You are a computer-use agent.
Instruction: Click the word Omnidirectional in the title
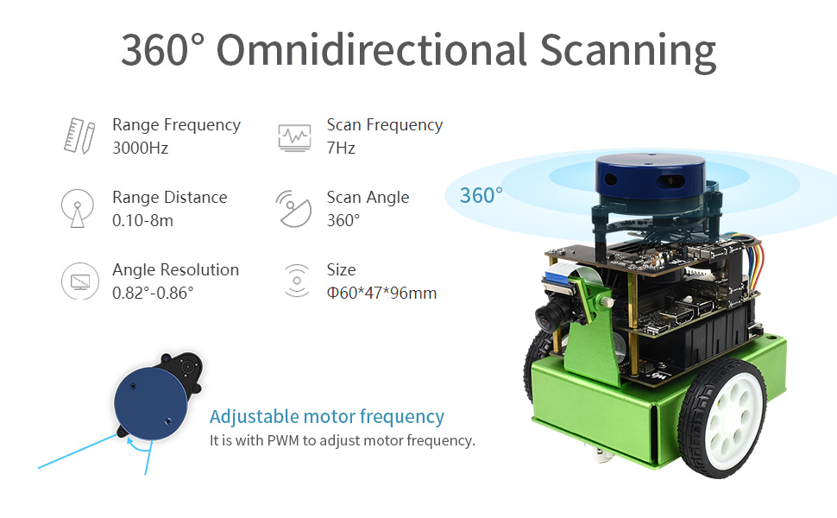pos(372,50)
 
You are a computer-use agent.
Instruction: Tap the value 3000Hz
pos(141,148)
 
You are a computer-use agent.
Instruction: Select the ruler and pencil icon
pos(79,136)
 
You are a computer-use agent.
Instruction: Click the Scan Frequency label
pos(385,125)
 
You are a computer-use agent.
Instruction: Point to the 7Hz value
pos(341,148)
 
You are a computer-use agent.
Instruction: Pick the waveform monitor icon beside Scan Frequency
pos(294,138)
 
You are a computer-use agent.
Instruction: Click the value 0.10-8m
pos(142,220)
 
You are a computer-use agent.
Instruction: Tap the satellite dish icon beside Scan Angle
pos(293,209)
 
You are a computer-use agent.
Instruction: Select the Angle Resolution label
pos(176,270)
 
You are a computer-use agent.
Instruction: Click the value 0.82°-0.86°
pos(154,294)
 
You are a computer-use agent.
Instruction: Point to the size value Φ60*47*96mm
pos(381,294)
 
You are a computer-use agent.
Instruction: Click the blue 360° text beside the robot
pos(481,195)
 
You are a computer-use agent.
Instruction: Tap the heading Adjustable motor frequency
pos(327,416)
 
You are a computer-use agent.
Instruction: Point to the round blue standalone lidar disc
pos(150,404)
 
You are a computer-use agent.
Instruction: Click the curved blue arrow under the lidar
pos(138,445)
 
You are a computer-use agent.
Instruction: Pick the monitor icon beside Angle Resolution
pos(80,281)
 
